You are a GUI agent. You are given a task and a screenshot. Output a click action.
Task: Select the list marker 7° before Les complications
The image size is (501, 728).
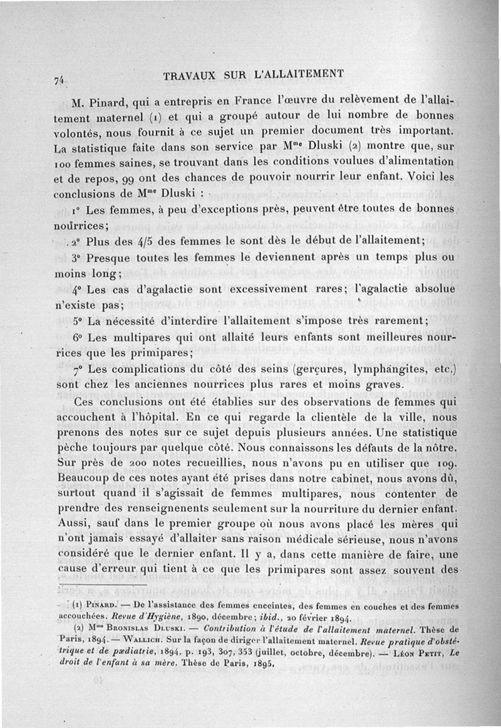click(x=80, y=371)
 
